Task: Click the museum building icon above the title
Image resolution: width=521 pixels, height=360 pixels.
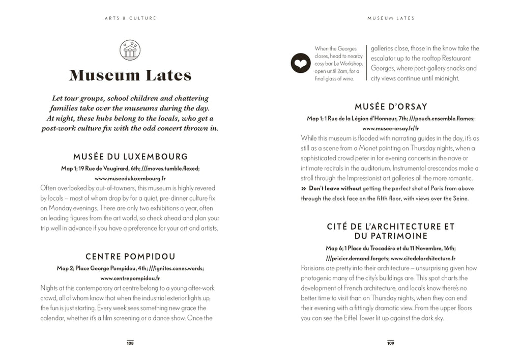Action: point(130,50)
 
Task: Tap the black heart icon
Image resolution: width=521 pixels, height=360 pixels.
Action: point(300,64)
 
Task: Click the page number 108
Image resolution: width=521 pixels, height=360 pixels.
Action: point(130,343)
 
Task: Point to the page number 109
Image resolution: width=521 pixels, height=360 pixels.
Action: point(391,343)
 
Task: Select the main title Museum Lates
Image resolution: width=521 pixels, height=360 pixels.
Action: point(130,76)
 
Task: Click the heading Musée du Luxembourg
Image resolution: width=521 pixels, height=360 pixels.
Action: point(130,157)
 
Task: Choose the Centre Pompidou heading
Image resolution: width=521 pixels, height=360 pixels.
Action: point(130,257)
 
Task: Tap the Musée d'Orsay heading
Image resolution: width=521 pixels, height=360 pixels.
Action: point(391,107)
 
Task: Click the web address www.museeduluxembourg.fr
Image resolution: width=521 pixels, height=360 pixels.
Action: point(130,178)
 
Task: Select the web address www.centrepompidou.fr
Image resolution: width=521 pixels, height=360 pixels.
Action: point(130,278)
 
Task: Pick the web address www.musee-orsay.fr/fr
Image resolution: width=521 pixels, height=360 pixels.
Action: point(391,128)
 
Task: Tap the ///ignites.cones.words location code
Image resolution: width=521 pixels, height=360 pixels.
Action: point(176,268)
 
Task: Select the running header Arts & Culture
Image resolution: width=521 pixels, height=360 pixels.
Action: point(130,18)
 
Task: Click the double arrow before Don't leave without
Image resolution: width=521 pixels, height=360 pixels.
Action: point(304,188)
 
